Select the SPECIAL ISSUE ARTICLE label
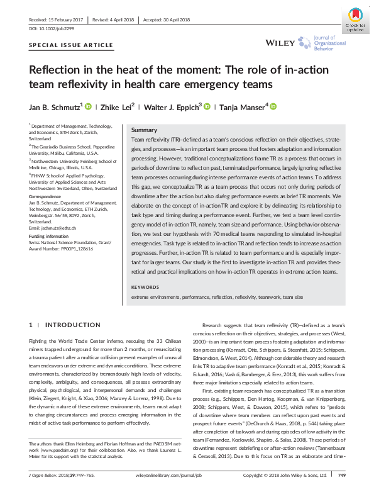[x=71, y=45]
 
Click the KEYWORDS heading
[x=145, y=287]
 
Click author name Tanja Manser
[x=241, y=106]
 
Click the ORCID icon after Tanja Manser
[x=273, y=106]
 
